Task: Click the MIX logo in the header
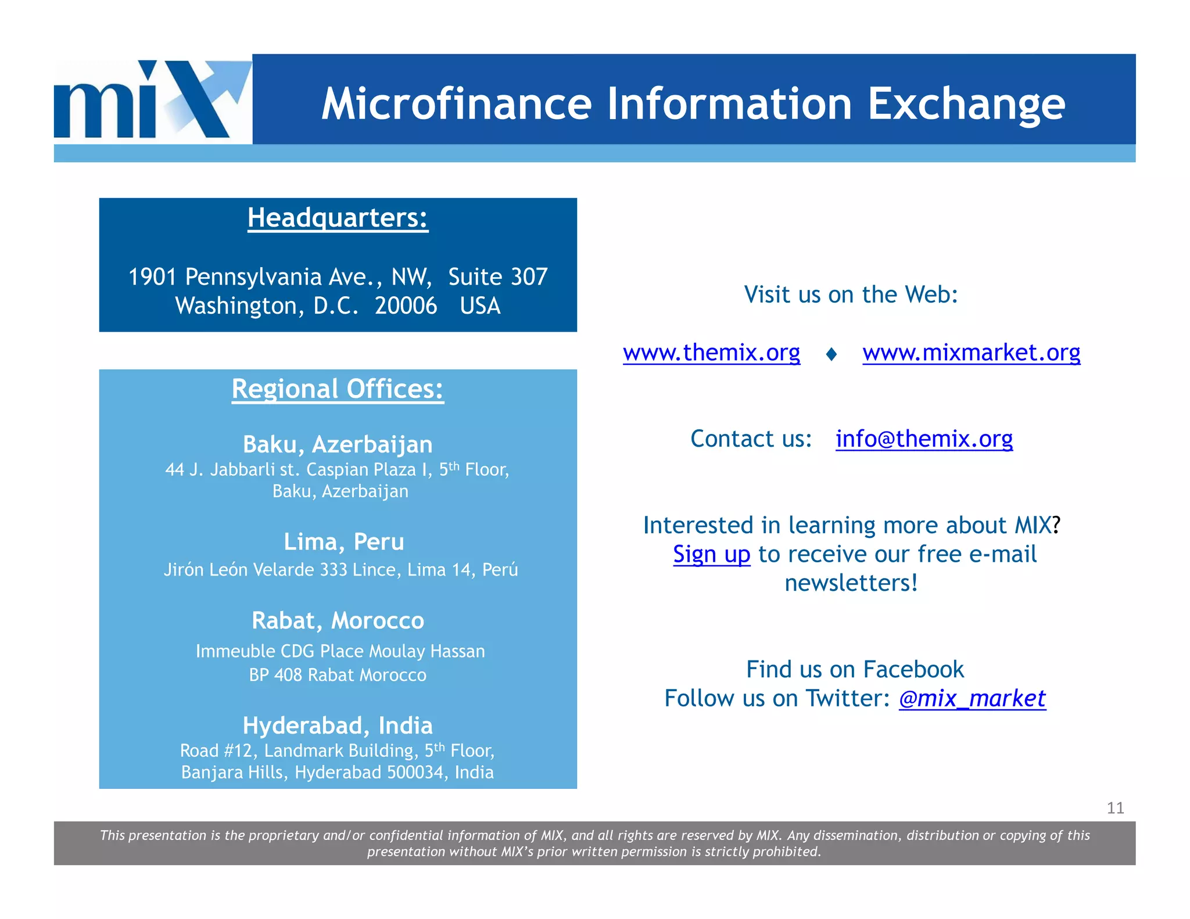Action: point(152,99)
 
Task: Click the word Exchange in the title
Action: point(966,104)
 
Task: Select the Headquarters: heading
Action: point(338,218)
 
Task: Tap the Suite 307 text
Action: point(497,277)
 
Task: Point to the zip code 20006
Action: point(406,306)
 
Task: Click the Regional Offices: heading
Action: point(338,389)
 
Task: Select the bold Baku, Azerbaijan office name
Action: point(338,444)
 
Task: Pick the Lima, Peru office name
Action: point(343,542)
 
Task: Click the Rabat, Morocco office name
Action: point(338,621)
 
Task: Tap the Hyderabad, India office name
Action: point(338,726)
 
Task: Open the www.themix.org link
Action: point(711,353)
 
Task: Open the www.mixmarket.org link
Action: point(971,353)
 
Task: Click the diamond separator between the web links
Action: point(831,354)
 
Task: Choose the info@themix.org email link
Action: point(924,439)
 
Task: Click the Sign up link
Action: point(711,554)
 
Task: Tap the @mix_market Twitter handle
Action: point(972,698)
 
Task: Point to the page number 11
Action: point(1115,808)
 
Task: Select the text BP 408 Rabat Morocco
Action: point(338,675)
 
